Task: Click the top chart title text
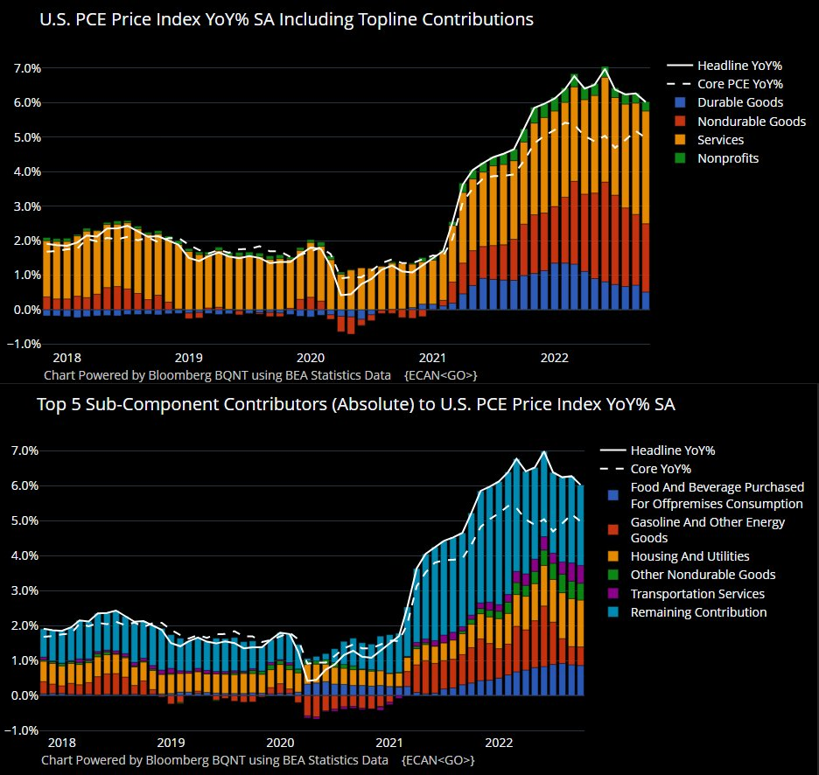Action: pyautogui.click(x=286, y=19)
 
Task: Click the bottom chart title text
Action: pyautogui.click(x=355, y=405)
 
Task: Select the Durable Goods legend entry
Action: pyautogui.click(x=739, y=102)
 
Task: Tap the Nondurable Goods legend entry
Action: pyautogui.click(x=751, y=122)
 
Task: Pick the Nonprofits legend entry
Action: pyautogui.click(x=728, y=158)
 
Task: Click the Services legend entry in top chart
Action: pyautogui.click(x=720, y=140)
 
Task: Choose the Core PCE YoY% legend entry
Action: pyautogui.click(x=739, y=84)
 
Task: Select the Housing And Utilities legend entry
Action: pyautogui.click(x=689, y=556)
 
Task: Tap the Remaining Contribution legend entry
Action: pyautogui.click(x=698, y=612)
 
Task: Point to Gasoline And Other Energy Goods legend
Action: pyautogui.click(x=707, y=530)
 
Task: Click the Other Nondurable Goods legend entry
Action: pyautogui.click(x=703, y=575)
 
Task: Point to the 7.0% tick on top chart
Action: pyautogui.click(x=27, y=68)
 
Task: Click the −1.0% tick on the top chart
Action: pyautogui.click(x=24, y=344)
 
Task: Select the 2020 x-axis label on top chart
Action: pyautogui.click(x=311, y=358)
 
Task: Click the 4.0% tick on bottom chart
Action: pyautogui.click(x=24, y=556)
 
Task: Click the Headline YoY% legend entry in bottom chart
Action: pyautogui.click(x=673, y=450)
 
